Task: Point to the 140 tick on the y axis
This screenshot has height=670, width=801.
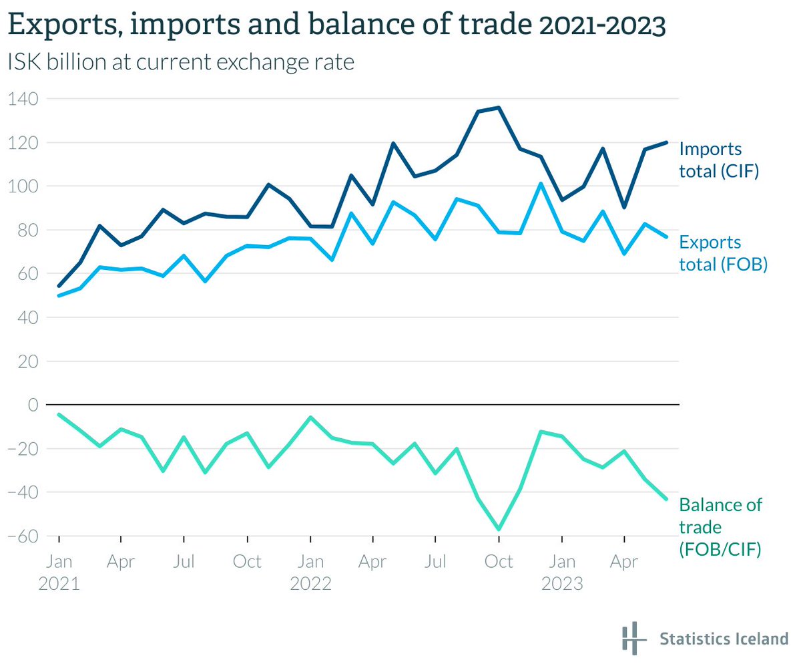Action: [x=23, y=99]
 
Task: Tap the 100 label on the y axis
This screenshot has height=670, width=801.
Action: [x=23, y=186]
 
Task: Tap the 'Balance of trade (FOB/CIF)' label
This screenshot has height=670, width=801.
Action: [x=720, y=527]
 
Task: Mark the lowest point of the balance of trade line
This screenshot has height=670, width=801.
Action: [x=499, y=529]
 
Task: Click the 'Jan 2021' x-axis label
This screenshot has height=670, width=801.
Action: [x=59, y=572]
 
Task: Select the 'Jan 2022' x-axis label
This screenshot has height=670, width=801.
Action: [x=310, y=572]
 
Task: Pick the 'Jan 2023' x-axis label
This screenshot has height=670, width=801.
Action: [x=562, y=572]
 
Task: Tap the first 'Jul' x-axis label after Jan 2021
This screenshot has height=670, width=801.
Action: [x=184, y=561]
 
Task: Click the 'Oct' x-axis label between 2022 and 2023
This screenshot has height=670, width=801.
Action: [x=499, y=561]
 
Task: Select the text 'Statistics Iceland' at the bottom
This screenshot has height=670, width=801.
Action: [x=724, y=639]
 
